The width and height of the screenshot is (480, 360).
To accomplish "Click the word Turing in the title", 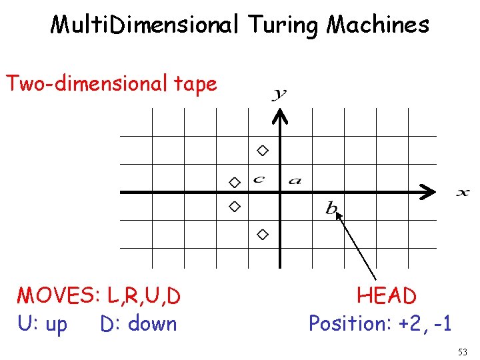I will pos(284,25).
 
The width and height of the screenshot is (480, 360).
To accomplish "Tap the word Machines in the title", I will pos(377,25).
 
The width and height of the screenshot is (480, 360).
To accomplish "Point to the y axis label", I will pos(279,94).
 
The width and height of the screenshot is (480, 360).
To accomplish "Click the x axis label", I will pos(462,193).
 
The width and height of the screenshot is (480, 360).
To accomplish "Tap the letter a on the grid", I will pos(295,180).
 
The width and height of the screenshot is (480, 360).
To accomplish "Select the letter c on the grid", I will pos(259,179).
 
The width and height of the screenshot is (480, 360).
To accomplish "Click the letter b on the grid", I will pos(331,208).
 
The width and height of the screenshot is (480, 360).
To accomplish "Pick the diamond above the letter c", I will pos(263,151).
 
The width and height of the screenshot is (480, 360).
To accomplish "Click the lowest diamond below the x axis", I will pos(263,234).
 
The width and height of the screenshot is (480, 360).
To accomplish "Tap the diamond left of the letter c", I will pos(234,182).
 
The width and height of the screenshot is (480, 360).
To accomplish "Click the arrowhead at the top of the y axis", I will pos(281,117).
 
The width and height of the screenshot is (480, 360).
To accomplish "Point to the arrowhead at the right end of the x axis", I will pos(427,193).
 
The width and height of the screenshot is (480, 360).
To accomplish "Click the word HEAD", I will pos(387,295).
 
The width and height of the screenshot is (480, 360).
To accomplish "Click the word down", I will pos(153,324).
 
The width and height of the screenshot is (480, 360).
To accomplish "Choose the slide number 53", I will pos(463,351).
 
